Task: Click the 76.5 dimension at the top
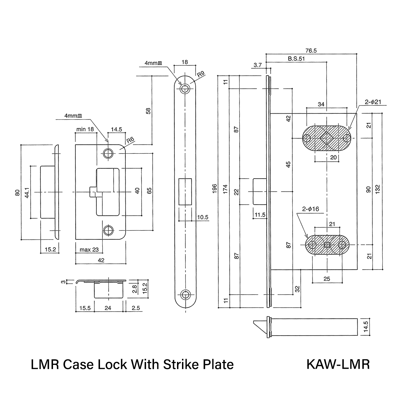[311, 51]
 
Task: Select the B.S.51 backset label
[296, 59]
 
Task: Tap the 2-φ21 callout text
[373, 102]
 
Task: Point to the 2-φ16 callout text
[311, 209]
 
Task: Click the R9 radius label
[201, 74]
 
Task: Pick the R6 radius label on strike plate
[130, 140]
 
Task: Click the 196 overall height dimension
[215, 188]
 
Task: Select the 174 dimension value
[225, 189]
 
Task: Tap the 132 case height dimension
[377, 189]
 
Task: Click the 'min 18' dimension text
[85, 129]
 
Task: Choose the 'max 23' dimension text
[89, 250]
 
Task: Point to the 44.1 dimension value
[27, 192]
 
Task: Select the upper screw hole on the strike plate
[108, 154]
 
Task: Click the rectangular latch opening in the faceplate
[185, 192]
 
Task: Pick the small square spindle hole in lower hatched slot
[327, 245]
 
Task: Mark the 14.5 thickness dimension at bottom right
[366, 327]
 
